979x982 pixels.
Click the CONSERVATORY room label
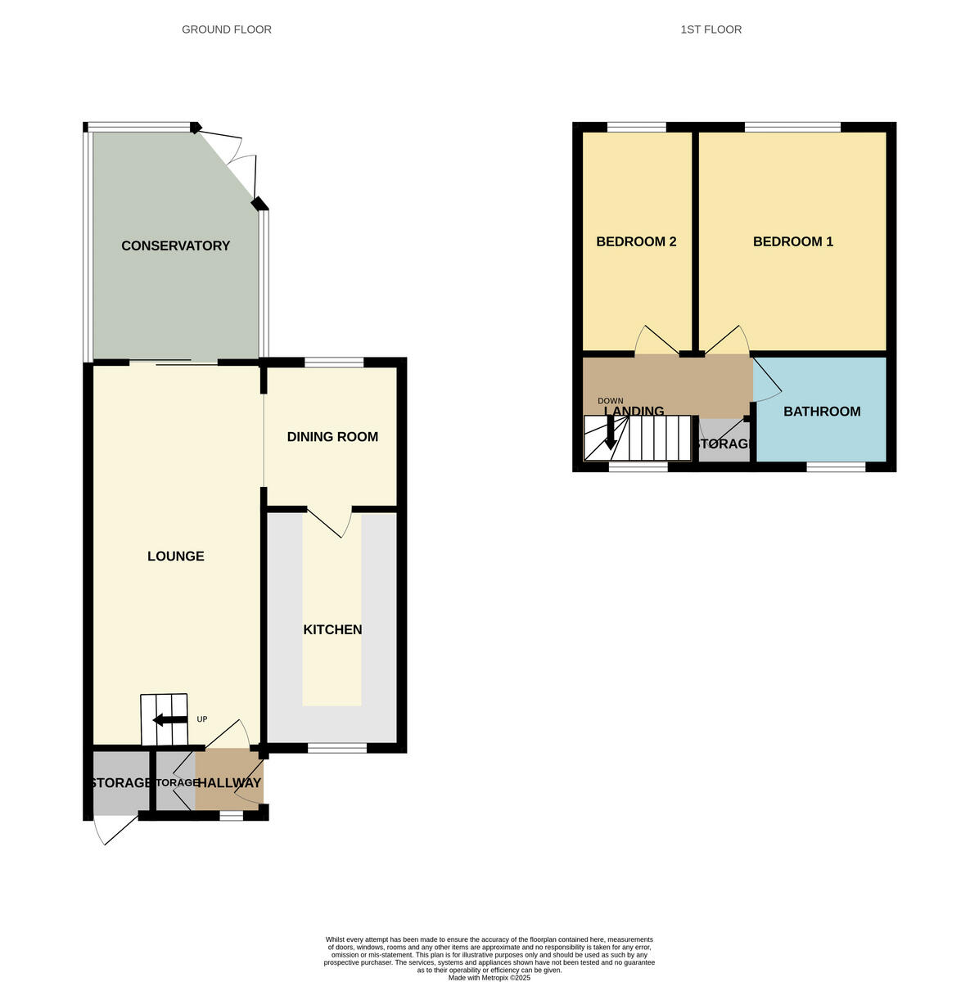pyautogui.click(x=175, y=245)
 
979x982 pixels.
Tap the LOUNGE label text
pyautogui.click(x=175, y=556)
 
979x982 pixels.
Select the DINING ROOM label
pyautogui.click(x=332, y=437)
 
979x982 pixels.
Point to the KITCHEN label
pyautogui.click(x=332, y=629)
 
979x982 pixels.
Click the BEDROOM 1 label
pyautogui.click(x=792, y=241)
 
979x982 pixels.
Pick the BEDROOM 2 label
pyautogui.click(x=636, y=241)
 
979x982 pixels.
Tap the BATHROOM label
pyautogui.click(x=822, y=412)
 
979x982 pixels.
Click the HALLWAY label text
pyautogui.click(x=229, y=783)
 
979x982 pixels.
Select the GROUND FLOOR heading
pyautogui.click(x=227, y=29)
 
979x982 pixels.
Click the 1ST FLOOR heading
pyautogui.click(x=711, y=29)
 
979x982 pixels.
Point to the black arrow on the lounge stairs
pyautogui.click(x=170, y=720)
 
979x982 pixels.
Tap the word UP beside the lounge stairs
pyautogui.click(x=202, y=719)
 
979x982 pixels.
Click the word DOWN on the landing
pyautogui.click(x=610, y=401)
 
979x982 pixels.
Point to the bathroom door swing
pyautogui.click(x=765, y=381)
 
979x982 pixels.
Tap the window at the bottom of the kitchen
pyautogui.click(x=337, y=747)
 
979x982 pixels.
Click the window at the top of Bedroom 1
pyautogui.click(x=792, y=127)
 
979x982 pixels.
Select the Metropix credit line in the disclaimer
pyautogui.click(x=489, y=977)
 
